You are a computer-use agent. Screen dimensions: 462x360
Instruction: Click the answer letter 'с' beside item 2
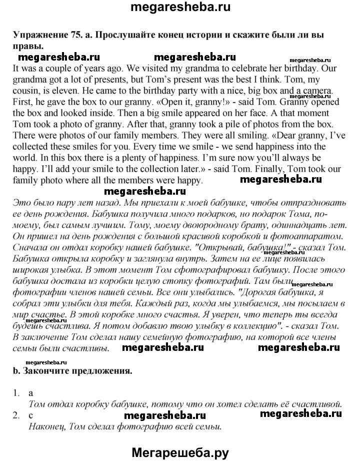[31, 415]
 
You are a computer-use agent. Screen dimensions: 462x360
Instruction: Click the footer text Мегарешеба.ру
[180, 452]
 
